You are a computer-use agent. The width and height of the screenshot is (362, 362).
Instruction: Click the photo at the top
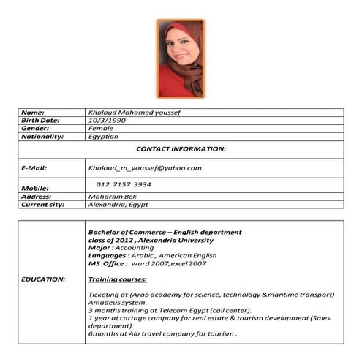pos(181,59)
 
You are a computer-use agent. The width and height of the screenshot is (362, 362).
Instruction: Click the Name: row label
pos(34,113)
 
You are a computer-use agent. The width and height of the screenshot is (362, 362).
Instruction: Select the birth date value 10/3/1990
pos(107,120)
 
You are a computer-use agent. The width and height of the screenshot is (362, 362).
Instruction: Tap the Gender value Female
pos(100,128)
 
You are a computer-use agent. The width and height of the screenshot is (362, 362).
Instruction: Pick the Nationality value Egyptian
pos(104,137)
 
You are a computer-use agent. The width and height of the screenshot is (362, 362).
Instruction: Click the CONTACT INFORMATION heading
pos(181,148)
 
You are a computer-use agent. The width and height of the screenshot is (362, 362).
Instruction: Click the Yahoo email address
pos(144,168)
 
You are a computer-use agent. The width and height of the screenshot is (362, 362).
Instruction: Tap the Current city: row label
pos(43,205)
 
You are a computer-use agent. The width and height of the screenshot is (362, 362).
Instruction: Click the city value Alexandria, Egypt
pos(118,205)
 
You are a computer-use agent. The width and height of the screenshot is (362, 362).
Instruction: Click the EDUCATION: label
pos(43,279)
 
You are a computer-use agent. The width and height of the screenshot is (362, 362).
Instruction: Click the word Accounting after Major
pos(135,247)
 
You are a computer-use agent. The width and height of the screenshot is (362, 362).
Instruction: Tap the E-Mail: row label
pos(34,168)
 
